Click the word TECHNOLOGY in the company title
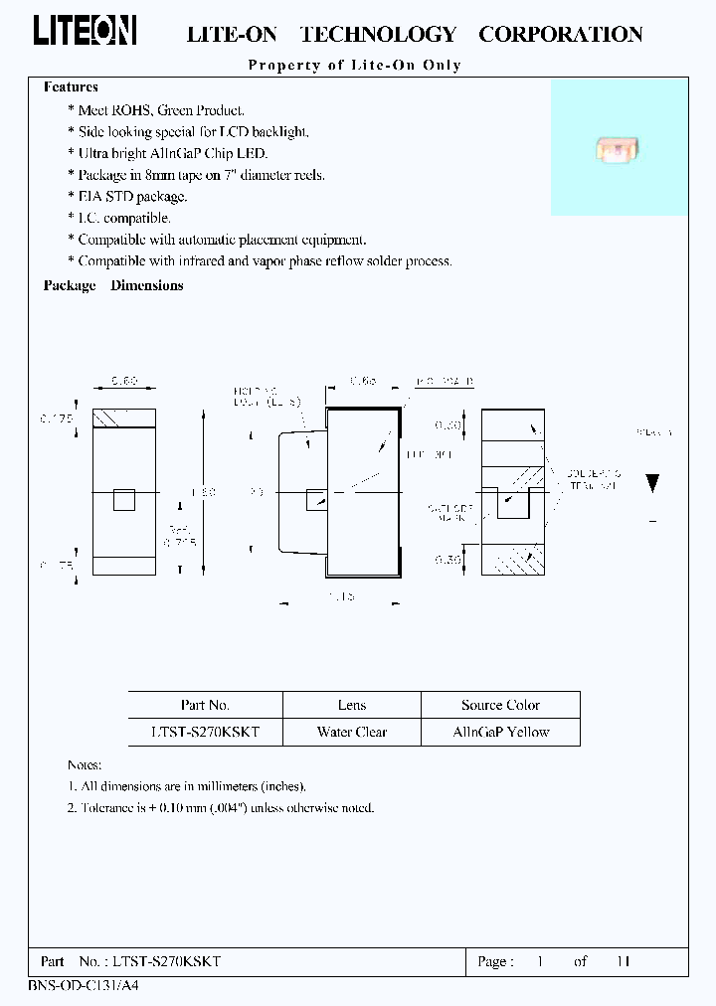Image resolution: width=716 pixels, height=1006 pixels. coord(378,35)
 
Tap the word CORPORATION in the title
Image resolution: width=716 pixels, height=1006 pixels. coord(560,35)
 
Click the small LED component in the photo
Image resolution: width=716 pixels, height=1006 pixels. coord(618,150)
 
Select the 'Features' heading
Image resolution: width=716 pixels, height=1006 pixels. coord(71,87)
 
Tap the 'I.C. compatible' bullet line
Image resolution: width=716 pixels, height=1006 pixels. coord(123,218)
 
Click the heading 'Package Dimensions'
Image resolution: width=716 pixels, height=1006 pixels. coord(113,285)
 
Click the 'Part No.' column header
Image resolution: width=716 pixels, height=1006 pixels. coord(206,705)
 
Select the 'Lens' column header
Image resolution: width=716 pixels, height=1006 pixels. coord(352,705)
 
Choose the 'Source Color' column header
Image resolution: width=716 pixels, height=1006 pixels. coord(500,705)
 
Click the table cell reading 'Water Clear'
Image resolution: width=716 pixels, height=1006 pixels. coord(352,732)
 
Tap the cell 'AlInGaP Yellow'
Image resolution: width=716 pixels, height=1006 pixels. coord(500,732)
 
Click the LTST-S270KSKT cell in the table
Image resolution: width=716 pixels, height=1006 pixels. coord(206,732)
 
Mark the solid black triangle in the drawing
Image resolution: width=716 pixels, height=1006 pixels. coord(652,484)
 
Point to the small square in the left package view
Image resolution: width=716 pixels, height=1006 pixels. coord(123,499)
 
